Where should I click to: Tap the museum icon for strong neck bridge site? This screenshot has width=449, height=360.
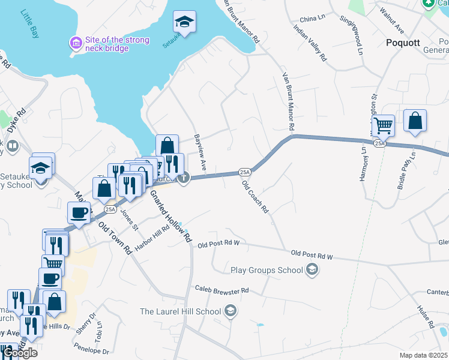pos(76,43)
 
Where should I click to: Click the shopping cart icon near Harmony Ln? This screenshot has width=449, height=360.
pos(383,126)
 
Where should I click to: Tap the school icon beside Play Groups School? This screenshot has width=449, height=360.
pos(312,270)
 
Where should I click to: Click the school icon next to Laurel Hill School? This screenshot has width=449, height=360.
pos(230,311)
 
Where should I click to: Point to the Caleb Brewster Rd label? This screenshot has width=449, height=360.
pos(221,290)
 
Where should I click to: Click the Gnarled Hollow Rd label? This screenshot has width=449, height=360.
pos(170,215)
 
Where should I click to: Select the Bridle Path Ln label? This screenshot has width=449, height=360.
pos(406,171)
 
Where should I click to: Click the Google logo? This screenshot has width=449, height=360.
pos(19,353)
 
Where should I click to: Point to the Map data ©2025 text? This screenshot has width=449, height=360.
pos(423,355)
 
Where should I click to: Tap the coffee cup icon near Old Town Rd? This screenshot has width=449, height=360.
pos(80,212)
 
